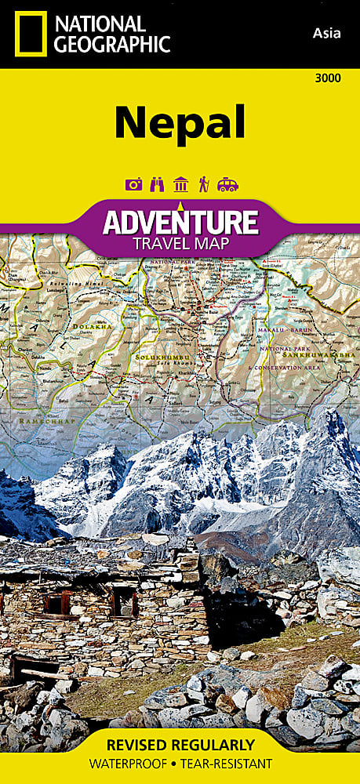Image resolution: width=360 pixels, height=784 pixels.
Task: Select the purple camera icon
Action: click(x=133, y=185)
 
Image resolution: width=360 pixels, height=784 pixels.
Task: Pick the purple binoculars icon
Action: click(x=157, y=185)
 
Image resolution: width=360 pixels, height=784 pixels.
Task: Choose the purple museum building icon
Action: click(x=180, y=185)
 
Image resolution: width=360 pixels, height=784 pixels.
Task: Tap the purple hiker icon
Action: click(x=204, y=185)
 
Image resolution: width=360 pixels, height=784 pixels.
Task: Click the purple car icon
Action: click(x=227, y=185)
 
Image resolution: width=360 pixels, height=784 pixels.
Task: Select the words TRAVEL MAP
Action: click(x=180, y=244)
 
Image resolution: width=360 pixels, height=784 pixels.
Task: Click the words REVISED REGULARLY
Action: click(x=180, y=745)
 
